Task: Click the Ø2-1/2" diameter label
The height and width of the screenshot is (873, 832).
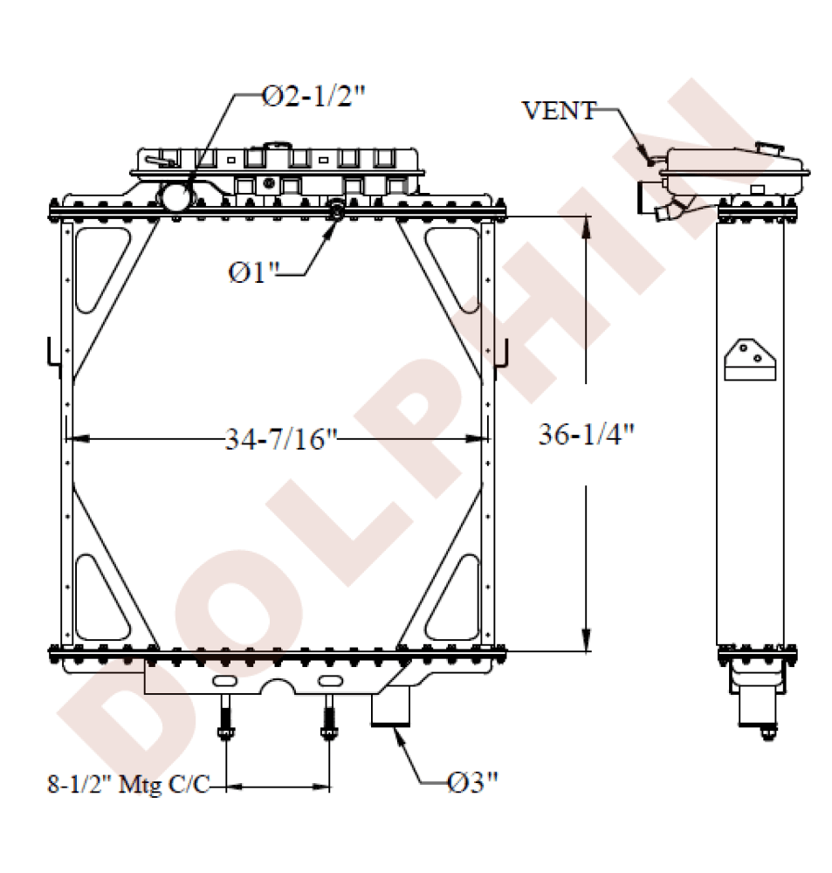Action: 313,98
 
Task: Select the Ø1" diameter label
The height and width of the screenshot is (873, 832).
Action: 253,273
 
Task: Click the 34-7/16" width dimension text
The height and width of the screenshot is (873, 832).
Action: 282,439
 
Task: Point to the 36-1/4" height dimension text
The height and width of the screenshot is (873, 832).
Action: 587,434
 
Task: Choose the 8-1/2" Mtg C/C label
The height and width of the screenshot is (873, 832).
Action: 128,785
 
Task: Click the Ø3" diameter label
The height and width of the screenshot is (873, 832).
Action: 473,783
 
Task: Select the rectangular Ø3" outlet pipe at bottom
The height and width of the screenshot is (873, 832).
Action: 390,707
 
